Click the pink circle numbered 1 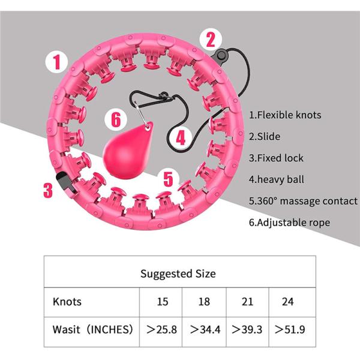[x=56, y=61]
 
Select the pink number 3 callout [x=48, y=190]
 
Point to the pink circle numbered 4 [x=180, y=137]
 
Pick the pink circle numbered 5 [x=169, y=178]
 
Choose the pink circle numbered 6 [x=116, y=119]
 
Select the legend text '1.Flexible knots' [x=285, y=115]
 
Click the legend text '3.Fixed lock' [x=276, y=158]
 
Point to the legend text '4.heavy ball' [x=277, y=179]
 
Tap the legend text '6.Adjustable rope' [x=289, y=223]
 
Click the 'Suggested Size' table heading [x=178, y=274]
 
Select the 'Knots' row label [x=67, y=301]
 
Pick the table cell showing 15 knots [x=162, y=301]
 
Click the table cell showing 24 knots [x=287, y=301]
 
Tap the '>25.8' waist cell [x=162, y=329]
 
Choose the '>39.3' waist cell [x=246, y=329]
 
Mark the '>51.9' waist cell [x=289, y=329]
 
